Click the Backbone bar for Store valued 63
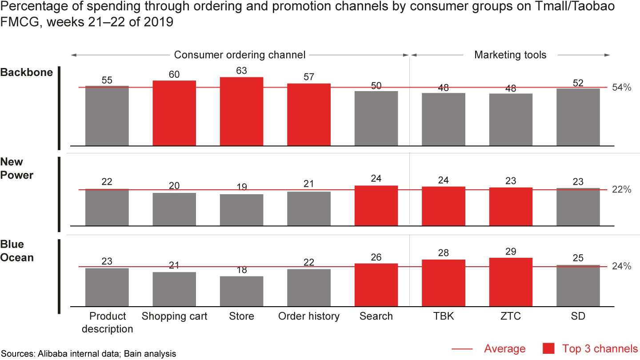pyautogui.click(x=241, y=111)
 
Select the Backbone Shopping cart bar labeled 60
pyautogui.click(x=174, y=113)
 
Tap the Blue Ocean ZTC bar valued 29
pyautogui.click(x=511, y=282)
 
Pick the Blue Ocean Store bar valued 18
pyautogui.click(x=241, y=292)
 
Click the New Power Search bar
pyautogui.click(x=376, y=205)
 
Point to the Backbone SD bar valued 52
pyautogui.click(x=578, y=117)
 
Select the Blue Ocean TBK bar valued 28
pyautogui.click(x=444, y=283)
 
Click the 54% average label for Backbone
pyautogui.click(x=621, y=88)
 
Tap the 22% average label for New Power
pyautogui.click(x=621, y=190)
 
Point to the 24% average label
pyautogui.click(x=621, y=267)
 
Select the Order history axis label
pyautogui.click(x=308, y=316)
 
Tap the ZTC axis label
pyautogui.click(x=511, y=316)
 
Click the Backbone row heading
pyautogui.click(x=26, y=72)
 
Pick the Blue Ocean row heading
pyautogui.click(x=17, y=251)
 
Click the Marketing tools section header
pyautogui.click(x=510, y=55)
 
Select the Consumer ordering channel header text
pyautogui.click(x=240, y=55)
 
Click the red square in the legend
pyautogui.click(x=548, y=348)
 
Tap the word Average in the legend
pyautogui.click(x=505, y=349)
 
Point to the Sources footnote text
pyautogui.click(x=88, y=354)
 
